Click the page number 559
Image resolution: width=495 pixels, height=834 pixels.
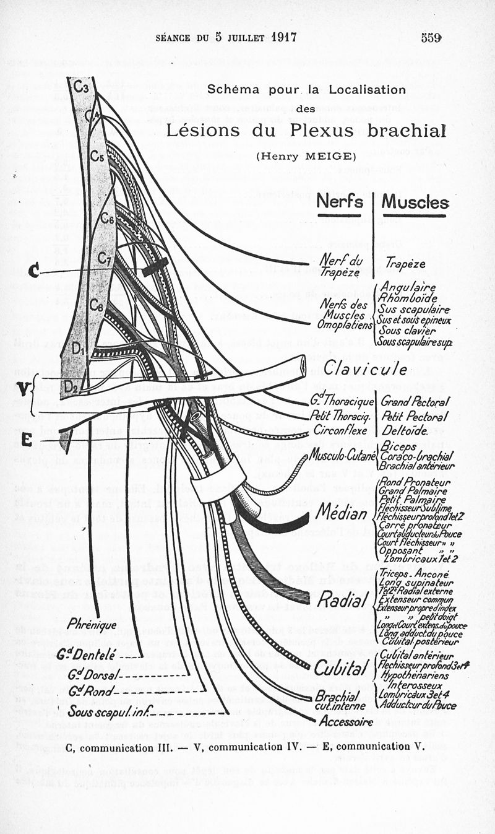click(431, 37)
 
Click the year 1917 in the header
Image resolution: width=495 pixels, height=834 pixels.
click(283, 37)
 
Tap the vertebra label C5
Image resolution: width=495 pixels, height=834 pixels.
click(96, 156)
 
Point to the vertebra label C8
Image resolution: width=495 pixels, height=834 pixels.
click(96, 305)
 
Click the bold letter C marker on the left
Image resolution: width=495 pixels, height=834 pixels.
click(35, 271)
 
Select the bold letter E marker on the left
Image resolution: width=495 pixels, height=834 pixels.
click(27, 440)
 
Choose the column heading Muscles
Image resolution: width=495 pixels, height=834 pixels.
click(415, 202)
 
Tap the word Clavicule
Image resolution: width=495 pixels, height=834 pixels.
click(365, 368)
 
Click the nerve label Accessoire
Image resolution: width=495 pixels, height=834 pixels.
click(346, 721)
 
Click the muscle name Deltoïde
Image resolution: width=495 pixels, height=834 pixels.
click(405, 430)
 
